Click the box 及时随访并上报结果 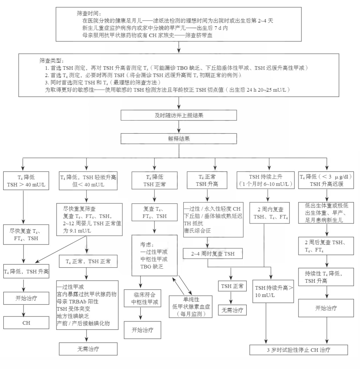coord(179,115)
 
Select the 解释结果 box coord(179,139)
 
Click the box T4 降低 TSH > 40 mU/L coord(26,181)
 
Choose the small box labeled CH coord(26,323)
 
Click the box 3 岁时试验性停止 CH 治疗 coord(298,350)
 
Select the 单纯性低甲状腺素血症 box coord(191,307)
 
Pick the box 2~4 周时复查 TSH coord(213,254)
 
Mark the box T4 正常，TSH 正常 coord(88,261)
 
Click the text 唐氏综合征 coord(197,230)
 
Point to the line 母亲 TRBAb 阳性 coord(77,301)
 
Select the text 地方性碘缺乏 coord(73,316)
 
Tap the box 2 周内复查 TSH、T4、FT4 coord(271,213)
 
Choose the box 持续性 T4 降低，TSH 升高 coord(326,277)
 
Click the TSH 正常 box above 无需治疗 coord(232,286)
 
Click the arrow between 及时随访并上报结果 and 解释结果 coord(179,127)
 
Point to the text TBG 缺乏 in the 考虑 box coord(152,266)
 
